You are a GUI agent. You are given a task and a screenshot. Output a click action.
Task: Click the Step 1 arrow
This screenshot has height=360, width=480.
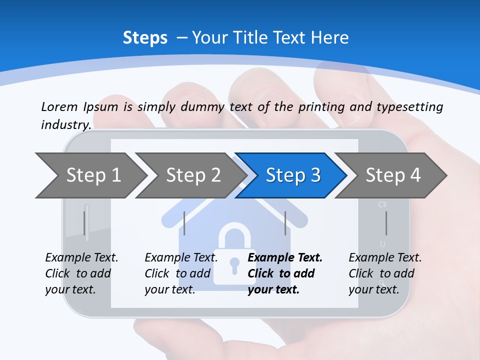tap(92, 175)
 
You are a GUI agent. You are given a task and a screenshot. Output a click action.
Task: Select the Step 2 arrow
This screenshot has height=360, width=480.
tap(192, 175)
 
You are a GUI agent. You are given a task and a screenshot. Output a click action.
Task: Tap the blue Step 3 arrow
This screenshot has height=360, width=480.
tap(292, 175)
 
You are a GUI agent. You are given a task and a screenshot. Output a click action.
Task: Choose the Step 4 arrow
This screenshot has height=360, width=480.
tap(392, 175)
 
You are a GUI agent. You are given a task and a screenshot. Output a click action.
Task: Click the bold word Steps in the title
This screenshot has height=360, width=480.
tap(145, 37)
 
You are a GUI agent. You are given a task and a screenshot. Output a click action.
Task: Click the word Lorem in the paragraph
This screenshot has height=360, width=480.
tap(59, 106)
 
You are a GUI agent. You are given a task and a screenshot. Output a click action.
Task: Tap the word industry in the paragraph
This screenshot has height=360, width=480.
tap(65, 124)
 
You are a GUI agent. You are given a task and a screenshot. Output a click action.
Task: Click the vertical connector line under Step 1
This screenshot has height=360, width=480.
tap(85, 223)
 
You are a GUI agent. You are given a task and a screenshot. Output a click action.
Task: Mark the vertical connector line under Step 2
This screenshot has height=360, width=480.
tap(184, 223)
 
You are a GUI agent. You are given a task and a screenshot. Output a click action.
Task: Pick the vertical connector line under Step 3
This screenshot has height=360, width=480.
tap(285, 223)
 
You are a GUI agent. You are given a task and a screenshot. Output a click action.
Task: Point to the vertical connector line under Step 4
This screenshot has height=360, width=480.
tap(386, 223)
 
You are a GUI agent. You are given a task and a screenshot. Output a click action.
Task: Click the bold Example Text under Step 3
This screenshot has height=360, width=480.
tap(285, 258)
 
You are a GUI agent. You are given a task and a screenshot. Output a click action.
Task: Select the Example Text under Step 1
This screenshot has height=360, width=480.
tap(81, 258)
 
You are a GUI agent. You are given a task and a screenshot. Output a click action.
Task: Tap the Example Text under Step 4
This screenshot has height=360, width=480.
tap(385, 258)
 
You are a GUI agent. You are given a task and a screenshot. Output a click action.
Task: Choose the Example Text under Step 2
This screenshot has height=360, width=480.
tap(181, 258)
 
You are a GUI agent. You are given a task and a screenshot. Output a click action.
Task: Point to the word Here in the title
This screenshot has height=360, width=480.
tap(329, 37)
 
